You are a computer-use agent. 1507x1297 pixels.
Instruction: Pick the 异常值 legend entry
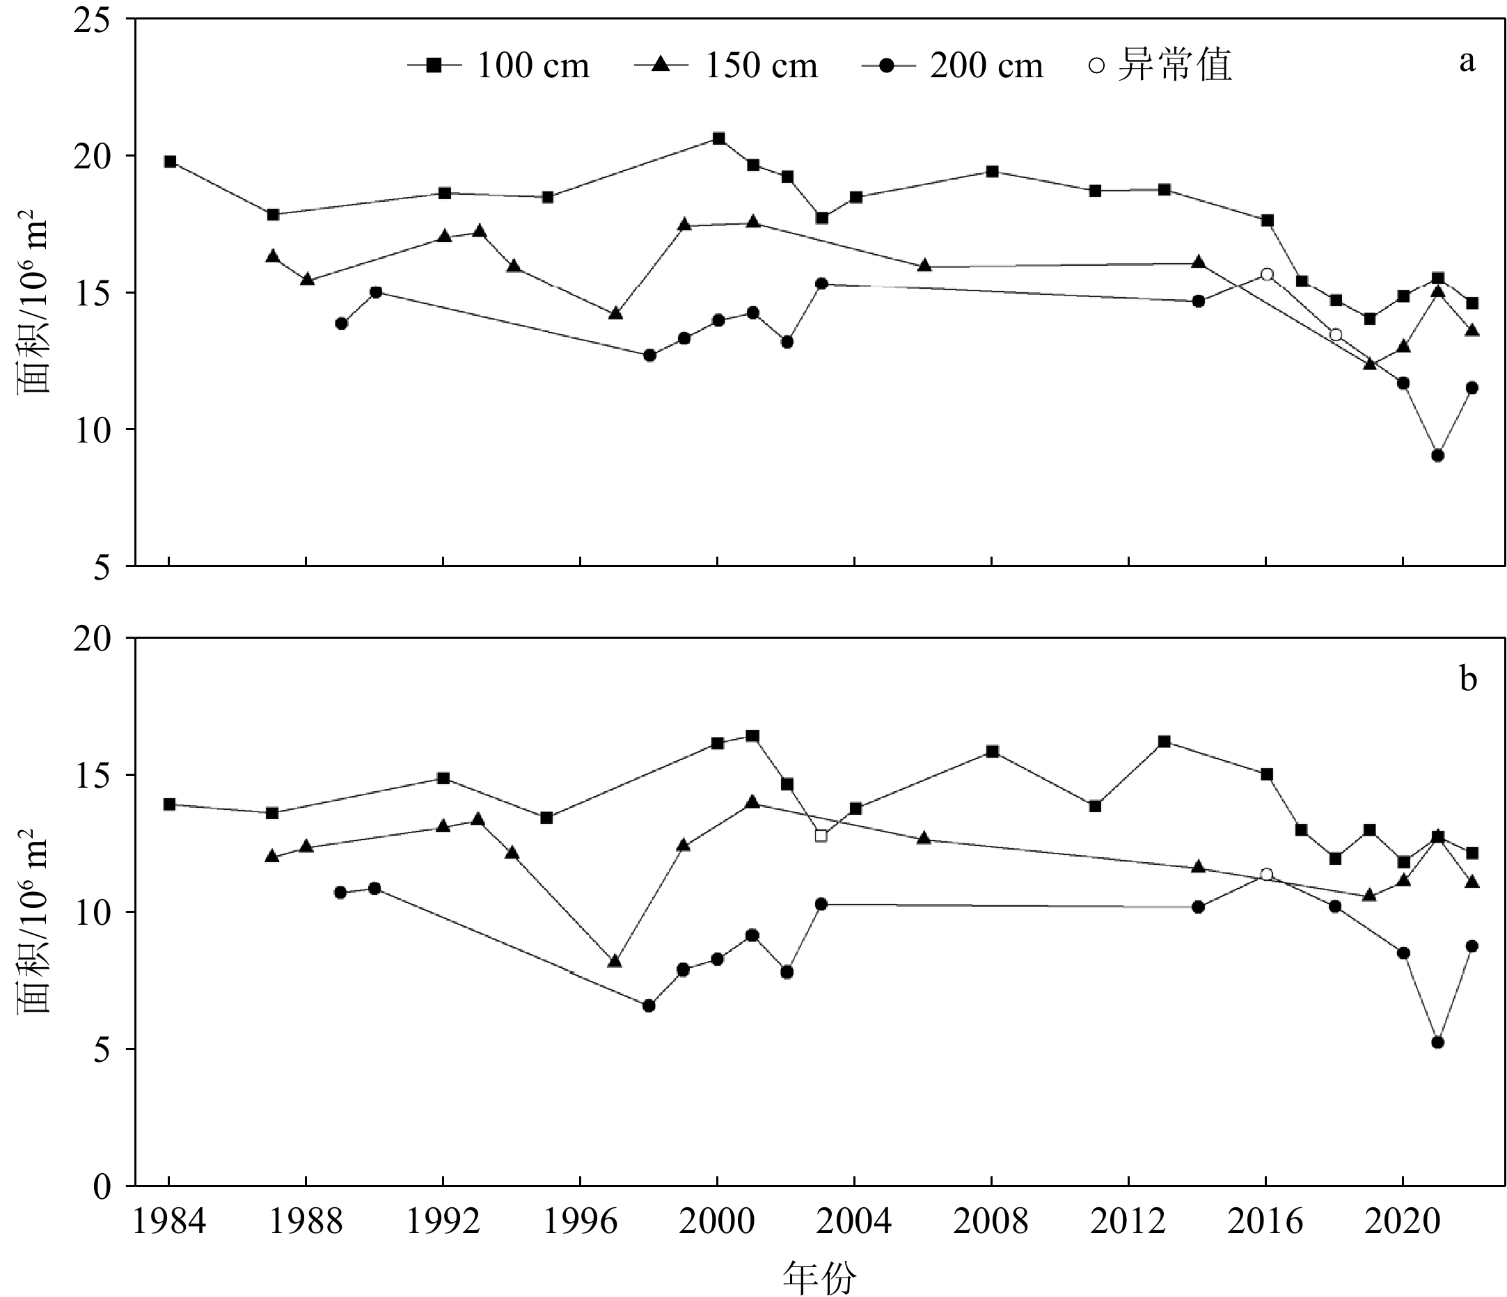click(x=1160, y=65)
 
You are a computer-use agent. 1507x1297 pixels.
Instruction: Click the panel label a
click(x=1467, y=62)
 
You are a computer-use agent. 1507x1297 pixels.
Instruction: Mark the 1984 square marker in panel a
click(x=171, y=161)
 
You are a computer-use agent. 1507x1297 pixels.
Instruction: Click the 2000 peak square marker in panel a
click(x=718, y=138)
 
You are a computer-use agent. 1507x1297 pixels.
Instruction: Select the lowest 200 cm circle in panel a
click(x=1437, y=456)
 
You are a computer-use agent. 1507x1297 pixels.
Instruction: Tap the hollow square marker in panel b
click(x=821, y=836)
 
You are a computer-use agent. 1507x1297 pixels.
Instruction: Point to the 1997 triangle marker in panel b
click(x=615, y=961)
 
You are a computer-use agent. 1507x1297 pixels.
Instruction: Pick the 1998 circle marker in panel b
click(x=649, y=1006)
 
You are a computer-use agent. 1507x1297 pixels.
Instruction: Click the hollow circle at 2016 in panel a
click(x=1267, y=274)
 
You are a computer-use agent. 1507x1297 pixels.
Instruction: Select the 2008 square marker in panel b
click(x=992, y=751)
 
